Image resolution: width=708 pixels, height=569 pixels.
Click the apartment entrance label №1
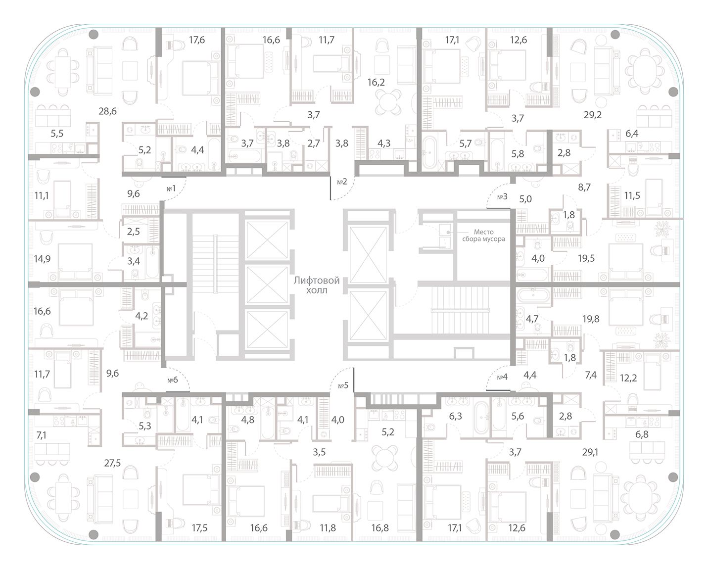(x=172, y=189)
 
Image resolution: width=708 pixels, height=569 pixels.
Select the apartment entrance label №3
(x=502, y=196)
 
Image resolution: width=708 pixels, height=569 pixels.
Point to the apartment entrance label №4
(x=502, y=377)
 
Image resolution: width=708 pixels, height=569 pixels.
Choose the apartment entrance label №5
(x=343, y=385)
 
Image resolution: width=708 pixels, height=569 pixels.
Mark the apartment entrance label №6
(x=172, y=380)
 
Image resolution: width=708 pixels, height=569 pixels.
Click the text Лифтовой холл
(x=317, y=285)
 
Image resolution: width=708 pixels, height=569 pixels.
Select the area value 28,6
(x=107, y=111)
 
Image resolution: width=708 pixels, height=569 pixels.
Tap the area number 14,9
(x=42, y=258)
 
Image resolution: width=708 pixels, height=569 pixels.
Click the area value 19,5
(x=586, y=258)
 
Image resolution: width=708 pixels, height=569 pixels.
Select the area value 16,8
(x=379, y=528)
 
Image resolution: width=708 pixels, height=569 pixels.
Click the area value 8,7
(x=584, y=187)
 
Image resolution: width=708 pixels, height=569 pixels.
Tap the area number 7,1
(x=41, y=435)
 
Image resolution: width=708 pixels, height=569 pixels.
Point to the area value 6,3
(x=455, y=416)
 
